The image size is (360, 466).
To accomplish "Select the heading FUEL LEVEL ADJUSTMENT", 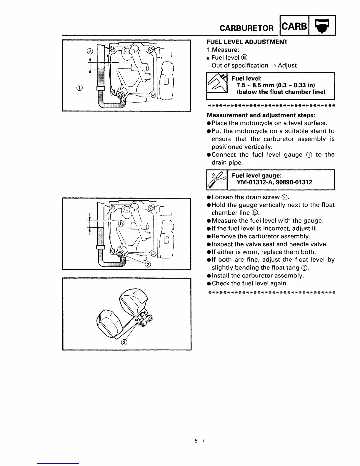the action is click(247, 42).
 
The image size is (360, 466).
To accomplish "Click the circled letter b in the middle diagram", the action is click(121, 224).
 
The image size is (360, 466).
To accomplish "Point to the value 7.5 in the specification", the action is click(242, 85).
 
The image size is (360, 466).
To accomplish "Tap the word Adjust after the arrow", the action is click(287, 65).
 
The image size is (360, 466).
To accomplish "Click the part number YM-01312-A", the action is click(255, 182).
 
